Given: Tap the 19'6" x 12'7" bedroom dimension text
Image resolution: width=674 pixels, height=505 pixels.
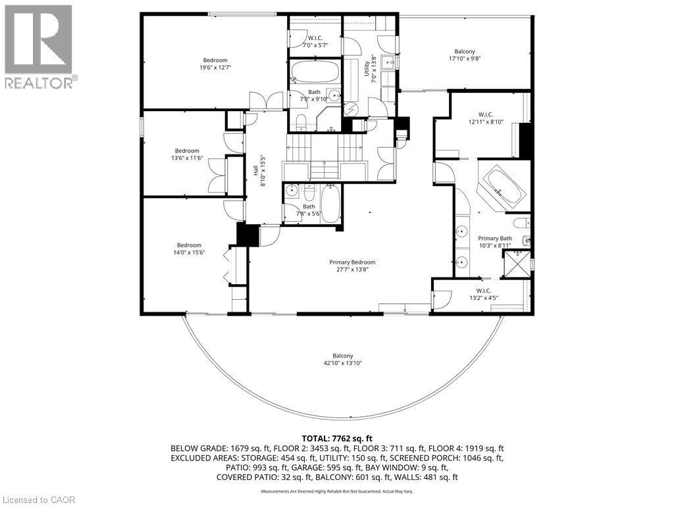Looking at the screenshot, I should click(215, 67).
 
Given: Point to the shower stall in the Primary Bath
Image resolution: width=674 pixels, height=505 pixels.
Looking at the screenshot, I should click(516, 262).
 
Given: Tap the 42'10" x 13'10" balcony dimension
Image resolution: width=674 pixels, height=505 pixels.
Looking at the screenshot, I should click(342, 363).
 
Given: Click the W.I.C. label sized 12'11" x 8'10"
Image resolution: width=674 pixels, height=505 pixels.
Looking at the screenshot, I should click(486, 113).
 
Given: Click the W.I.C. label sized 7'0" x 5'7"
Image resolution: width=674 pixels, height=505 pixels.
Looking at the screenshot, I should click(314, 37).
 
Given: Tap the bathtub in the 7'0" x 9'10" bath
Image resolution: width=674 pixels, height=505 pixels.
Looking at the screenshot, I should click(314, 71).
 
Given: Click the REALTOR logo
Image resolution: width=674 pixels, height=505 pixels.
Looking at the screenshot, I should click(39, 46).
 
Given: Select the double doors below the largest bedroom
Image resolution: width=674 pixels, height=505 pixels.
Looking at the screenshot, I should click(266, 101).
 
